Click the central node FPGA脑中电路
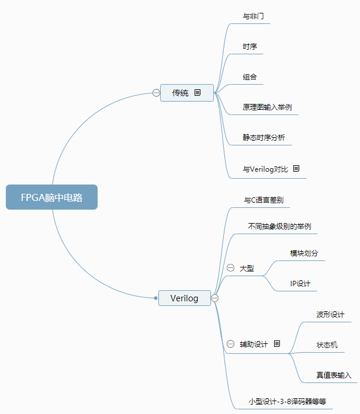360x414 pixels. pyautogui.click(x=51, y=197)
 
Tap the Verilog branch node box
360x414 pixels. pyautogui.click(x=184, y=298)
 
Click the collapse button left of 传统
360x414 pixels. pyautogui.click(x=156, y=92)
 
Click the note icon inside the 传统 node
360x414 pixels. pyautogui.click(x=198, y=92)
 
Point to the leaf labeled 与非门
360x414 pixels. pyautogui.click(x=253, y=16)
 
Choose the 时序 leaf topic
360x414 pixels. pyautogui.click(x=250, y=47)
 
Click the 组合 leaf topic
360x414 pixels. pyautogui.click(x=250, y=77)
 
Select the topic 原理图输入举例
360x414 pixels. pyautogui.click(x=267, y=108)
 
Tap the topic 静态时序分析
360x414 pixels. pyautogui.click(x=264, y=138)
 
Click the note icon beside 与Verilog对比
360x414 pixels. pyautogui.click(x=296, y=169)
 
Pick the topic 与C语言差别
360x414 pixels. pyautogui.click(x=263, y=200)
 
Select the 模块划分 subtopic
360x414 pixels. pyautogui.click(x=304, y=253)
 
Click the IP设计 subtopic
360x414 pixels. pyautogui.click(x=300, y=284)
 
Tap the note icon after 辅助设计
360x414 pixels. pyautogui.click(x=277, y=344)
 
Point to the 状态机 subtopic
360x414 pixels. pyautogui.click(x=327, y=345)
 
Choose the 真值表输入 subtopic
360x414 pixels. pyautogui.click(x=334, y=375)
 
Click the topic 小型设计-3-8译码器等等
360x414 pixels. pyautogui.click(x=287, y=402)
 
